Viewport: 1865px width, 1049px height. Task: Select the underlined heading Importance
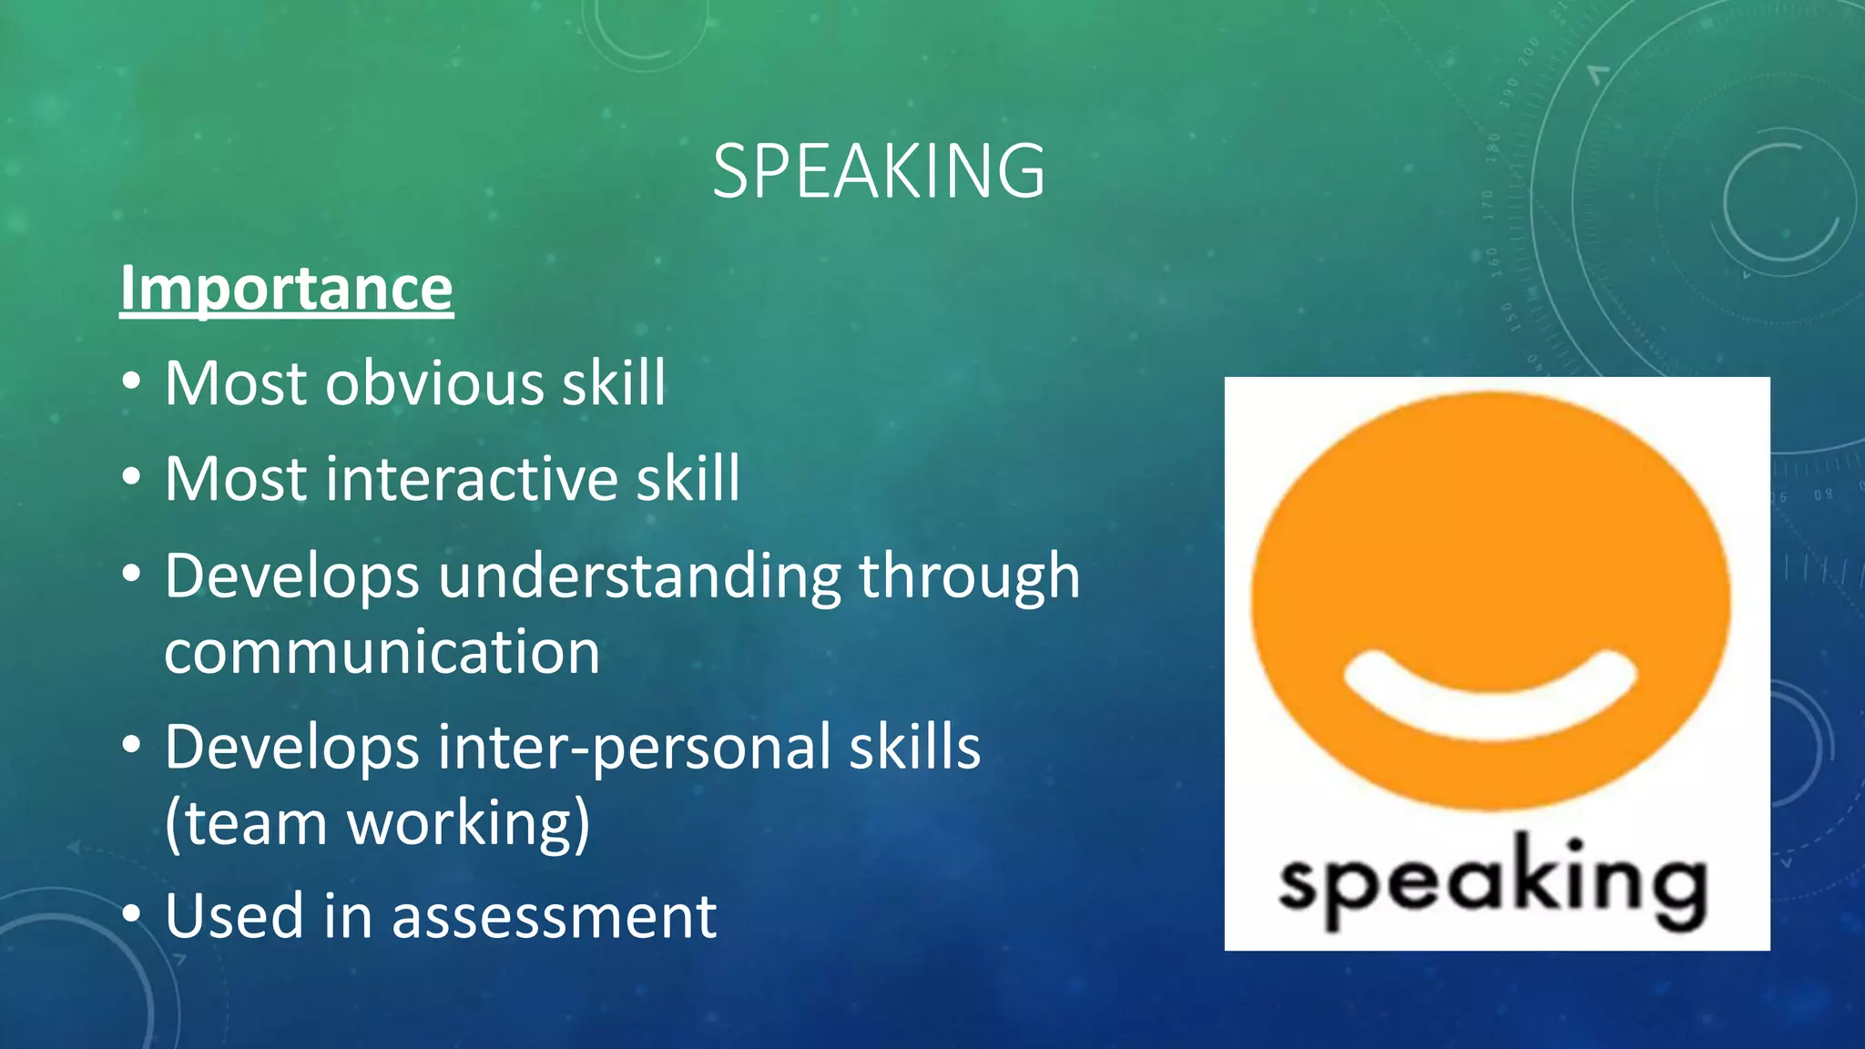click(x=286, y=288)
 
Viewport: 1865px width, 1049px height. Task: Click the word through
click(x=969, y=577)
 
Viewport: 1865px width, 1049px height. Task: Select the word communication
click(x=382, y=652)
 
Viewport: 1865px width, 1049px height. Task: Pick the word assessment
click(x=554, y=916)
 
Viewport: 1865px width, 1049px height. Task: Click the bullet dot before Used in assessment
click(x=132, y=914)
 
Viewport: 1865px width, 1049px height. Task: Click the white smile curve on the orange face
click(x=1491, y=697)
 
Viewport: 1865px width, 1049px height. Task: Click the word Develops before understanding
click(x=291, y=577)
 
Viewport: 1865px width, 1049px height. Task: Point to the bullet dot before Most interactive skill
click(x=132, y=477)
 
